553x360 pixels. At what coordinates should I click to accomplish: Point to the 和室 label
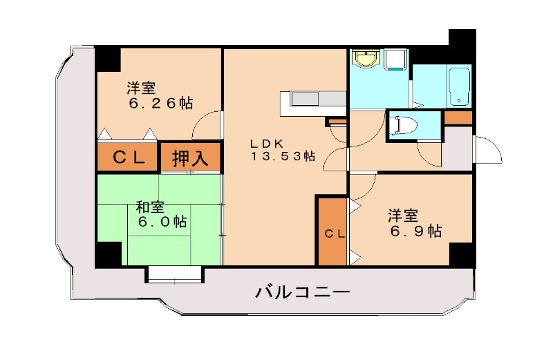(149, 207)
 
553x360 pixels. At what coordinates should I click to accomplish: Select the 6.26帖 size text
(160, 104)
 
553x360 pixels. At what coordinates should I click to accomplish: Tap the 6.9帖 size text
(415, 231)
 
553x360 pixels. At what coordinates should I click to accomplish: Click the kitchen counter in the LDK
(312, 103)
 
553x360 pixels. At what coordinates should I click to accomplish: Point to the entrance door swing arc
(488, 150)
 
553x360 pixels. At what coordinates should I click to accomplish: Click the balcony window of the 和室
(175, 275)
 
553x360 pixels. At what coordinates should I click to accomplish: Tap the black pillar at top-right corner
(462, 42)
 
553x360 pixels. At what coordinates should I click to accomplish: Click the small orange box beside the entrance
(458, 117)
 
